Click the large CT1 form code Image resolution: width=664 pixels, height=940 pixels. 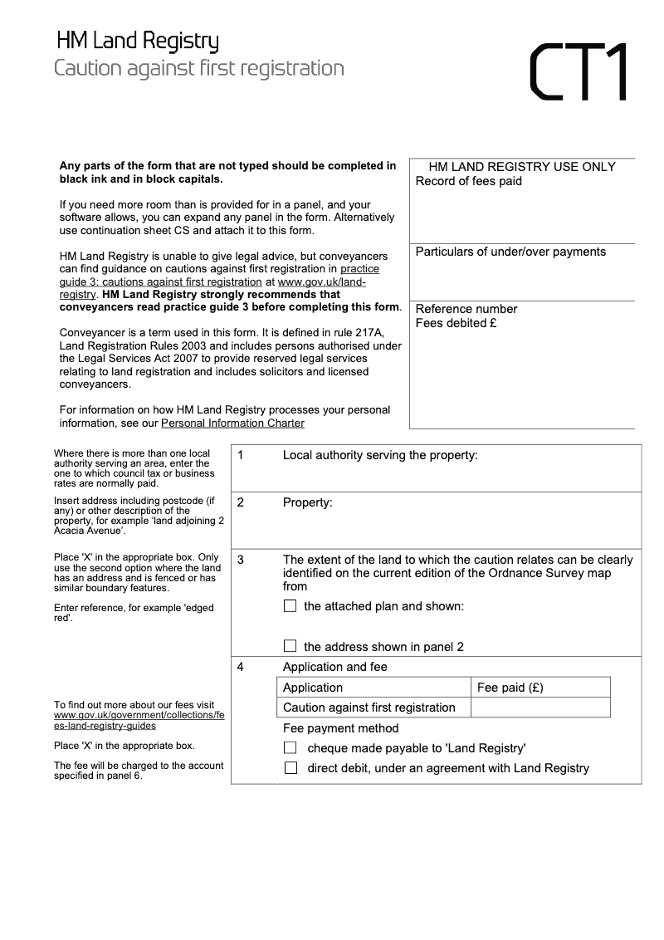(579, 71)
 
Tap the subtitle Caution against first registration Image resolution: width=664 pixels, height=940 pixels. (199, 68)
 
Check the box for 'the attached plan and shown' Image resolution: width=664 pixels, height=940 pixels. (290, 606)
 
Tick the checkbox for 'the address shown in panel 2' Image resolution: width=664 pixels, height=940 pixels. (290, 646)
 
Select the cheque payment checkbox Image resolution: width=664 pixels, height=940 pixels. (290, 747)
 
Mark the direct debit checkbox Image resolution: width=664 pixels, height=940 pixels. (290, 768)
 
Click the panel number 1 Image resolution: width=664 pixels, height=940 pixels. (240, 455)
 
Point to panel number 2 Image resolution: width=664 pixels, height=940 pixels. (240, 502)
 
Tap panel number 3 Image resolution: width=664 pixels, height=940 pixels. (240, 560)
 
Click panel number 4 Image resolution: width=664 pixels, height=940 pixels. (240, 667)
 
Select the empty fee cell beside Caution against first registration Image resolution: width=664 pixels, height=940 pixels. (539, 707)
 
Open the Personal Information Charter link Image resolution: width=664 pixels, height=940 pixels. (232, 423)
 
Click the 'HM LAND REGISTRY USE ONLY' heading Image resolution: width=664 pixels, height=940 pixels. (522, 167)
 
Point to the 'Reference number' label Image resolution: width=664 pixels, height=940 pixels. (466, 309)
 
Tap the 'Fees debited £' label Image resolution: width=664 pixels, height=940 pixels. (456, 323)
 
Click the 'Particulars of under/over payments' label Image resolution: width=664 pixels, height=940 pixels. (510, 252)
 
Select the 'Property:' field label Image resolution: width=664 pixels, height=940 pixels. (307, 502)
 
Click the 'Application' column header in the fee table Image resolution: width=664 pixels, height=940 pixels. (313, 688)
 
